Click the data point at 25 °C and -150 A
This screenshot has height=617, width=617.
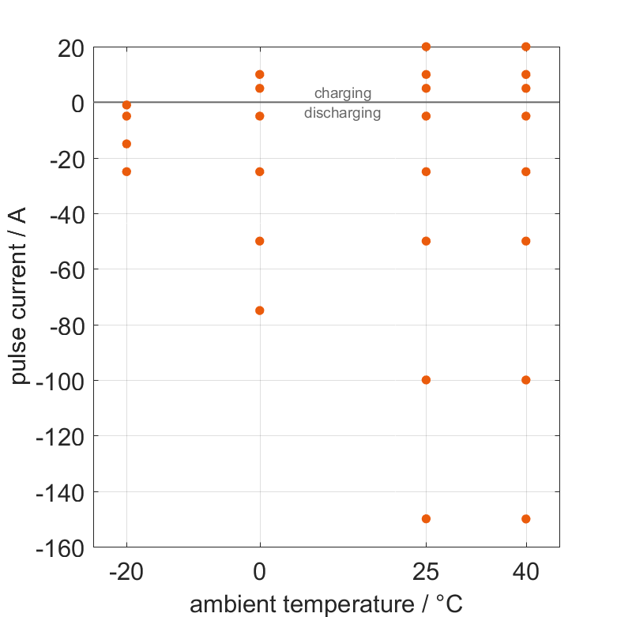point(426,519)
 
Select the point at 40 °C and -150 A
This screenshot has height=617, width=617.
point(526,519)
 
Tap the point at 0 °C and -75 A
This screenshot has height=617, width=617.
point(260,310)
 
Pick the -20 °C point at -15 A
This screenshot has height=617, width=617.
point(126,144)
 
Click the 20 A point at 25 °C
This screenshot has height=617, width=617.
point(426,47)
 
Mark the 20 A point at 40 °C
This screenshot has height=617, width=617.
point(526,47)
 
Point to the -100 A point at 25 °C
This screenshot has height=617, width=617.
point(426,380)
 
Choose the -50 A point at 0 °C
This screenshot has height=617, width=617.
point(260,241)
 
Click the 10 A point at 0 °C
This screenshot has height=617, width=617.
point(260,74)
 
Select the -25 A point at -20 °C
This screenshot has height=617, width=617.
point(126,171)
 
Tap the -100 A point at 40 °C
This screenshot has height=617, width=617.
point(526,380)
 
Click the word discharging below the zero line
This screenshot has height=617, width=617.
point(343,113)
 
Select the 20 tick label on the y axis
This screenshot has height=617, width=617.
point(71,47)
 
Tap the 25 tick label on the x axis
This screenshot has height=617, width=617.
point(426,573)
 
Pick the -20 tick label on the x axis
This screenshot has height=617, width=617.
point(126,573)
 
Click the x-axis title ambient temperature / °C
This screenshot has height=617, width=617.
point(326,604)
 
